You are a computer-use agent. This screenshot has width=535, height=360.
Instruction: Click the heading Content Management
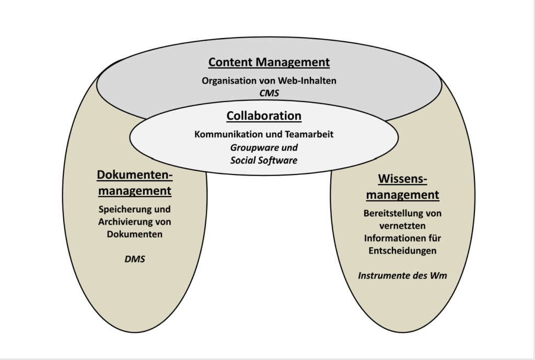point(269,62)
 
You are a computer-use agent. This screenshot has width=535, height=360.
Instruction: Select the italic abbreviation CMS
point(269,94)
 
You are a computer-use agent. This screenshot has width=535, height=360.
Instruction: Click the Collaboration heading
point(264,115)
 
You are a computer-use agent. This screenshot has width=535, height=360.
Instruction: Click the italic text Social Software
point(264,160)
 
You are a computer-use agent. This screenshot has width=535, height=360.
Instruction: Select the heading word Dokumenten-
point(134,175)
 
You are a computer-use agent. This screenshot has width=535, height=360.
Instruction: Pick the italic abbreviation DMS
point(135,258)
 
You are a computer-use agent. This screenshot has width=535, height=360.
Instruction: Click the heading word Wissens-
point(402,179)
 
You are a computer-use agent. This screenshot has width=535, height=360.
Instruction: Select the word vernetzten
point(402,226)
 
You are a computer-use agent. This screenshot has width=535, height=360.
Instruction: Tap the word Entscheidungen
point(402,251)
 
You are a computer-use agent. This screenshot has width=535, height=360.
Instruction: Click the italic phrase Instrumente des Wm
point(402,275)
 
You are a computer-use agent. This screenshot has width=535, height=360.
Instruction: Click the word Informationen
point(389,239)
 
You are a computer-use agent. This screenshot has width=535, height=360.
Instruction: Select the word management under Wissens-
point(402,195)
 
